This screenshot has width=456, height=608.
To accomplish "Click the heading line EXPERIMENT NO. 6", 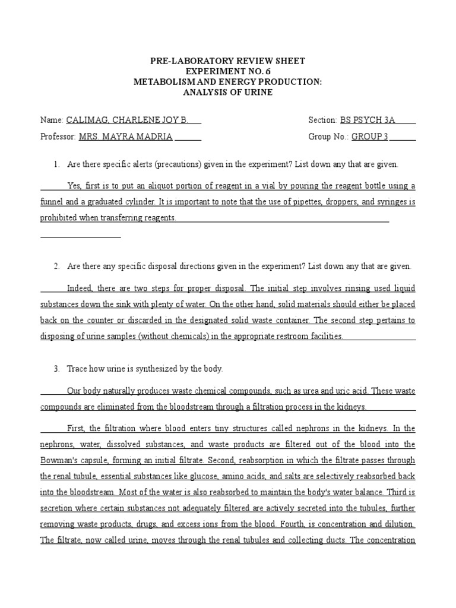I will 228,71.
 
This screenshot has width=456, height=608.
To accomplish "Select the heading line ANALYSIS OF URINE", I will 228,93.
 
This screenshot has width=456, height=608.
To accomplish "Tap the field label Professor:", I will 58,137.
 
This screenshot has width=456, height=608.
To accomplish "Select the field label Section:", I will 323,120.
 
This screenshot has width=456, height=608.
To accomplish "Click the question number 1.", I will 56,164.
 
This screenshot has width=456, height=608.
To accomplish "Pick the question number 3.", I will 56,369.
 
